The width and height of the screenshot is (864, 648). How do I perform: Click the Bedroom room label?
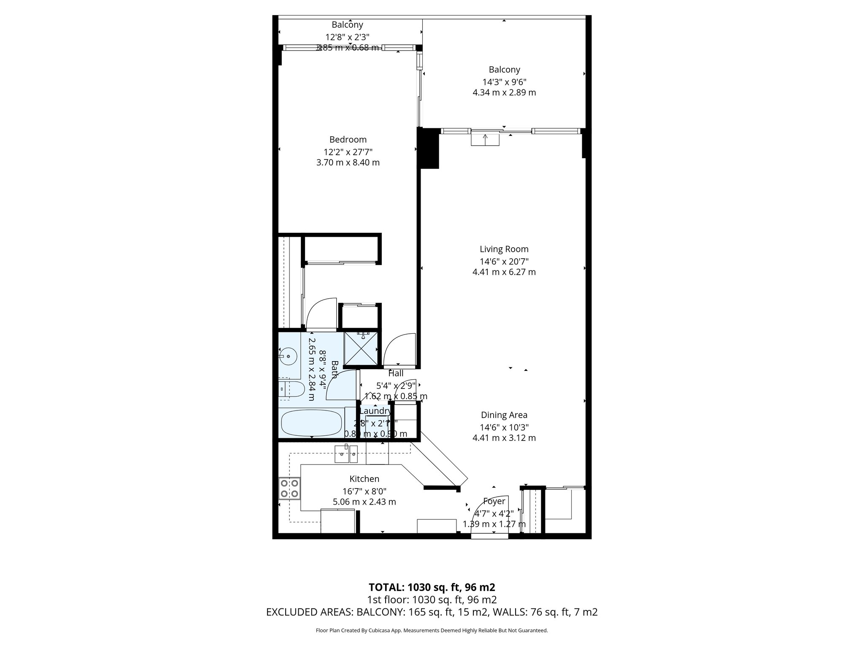pos(348,140)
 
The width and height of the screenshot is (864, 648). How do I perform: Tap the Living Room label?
pos(504,249)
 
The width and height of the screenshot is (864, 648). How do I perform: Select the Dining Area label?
pos(504,415)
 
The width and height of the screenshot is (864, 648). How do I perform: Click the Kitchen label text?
pos(364,479)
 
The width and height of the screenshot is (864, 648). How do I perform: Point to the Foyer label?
pos(494,501)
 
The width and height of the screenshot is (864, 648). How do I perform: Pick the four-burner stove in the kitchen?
pos(289,488)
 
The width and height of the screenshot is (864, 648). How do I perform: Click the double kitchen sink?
pos(346,454)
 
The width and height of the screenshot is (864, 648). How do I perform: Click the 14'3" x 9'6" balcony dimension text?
pos(504,82)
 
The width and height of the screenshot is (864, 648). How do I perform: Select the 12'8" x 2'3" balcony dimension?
pos(347,37)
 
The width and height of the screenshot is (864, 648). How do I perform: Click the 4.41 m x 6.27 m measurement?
pos(504,272)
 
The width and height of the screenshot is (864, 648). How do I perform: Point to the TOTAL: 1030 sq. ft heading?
pos(432,587)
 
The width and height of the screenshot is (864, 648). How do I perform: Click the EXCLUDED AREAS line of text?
pos(432,612)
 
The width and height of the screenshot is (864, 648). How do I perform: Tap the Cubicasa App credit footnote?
pos(432,631)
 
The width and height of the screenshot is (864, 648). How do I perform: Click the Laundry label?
pos(375,411)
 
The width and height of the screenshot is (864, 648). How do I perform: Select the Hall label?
pos(396,373)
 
